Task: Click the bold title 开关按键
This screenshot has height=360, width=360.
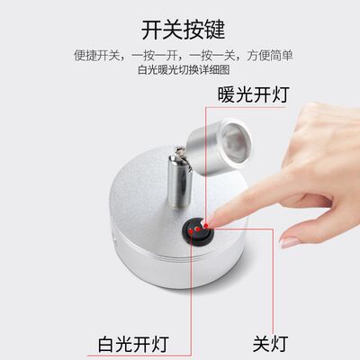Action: point(180,29)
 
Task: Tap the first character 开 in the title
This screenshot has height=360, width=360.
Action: point(151,29)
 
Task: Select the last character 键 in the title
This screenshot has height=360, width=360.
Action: point(210,29)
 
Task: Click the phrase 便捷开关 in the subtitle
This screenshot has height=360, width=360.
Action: point(94,56)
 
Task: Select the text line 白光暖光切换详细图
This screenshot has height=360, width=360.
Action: point(180,70)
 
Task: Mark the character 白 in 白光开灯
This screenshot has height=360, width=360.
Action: point(106,343)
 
